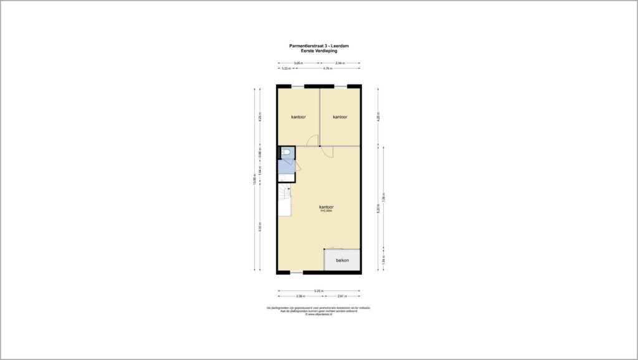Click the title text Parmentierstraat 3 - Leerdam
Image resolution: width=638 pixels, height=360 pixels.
point(319,45)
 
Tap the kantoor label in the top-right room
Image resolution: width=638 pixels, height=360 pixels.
point(340,117)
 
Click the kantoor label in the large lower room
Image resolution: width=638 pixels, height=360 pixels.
point(326,207)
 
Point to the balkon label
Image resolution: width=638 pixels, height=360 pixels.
point(342,260)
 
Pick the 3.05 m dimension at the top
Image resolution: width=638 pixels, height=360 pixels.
point(298,64)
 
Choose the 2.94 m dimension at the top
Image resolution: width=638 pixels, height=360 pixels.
point(340,64)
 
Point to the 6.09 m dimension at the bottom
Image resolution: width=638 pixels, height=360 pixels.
point(318,291)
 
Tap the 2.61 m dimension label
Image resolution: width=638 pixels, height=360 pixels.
point(341,296)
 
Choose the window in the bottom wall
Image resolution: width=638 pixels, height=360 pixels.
point(297,272)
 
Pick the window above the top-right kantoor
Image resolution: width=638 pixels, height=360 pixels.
point(340,85)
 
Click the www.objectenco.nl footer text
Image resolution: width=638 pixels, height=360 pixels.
point(318,315)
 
